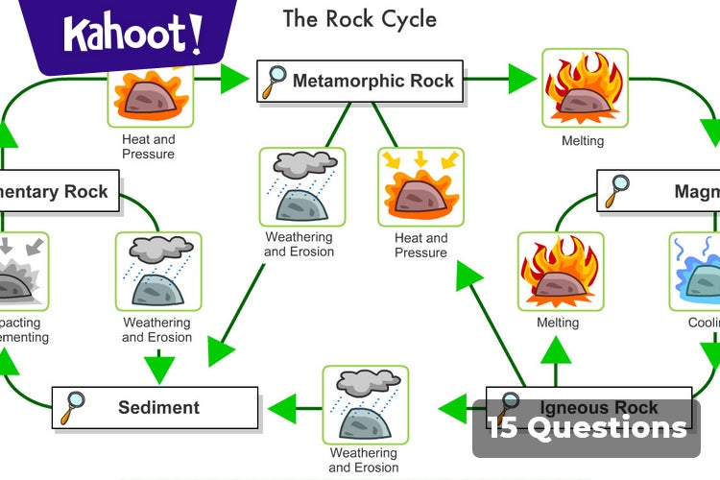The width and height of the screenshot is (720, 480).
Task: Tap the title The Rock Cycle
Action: click(359, 18)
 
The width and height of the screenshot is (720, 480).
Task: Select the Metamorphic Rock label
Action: click(373, 81)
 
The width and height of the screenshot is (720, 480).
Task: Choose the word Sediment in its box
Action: click(158, 407)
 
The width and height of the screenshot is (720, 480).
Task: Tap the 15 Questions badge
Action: click(587, 427)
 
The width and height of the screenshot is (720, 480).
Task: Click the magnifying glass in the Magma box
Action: click(616, 191)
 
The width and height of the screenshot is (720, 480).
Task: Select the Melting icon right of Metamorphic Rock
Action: click(585, 88)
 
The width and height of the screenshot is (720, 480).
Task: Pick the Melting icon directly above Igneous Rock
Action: click(561, 271)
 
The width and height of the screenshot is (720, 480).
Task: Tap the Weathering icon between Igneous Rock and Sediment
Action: click(365, 404)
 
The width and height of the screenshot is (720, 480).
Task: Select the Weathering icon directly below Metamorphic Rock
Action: click(302, 187)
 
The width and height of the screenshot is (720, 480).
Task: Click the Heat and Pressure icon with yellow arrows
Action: click(420, 186)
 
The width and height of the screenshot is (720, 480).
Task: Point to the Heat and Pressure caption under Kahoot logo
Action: click(148, 146)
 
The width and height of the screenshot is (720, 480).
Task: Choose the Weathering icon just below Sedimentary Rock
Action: click(158, 271)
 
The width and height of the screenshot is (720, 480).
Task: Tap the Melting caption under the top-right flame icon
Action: click(583, 141)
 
